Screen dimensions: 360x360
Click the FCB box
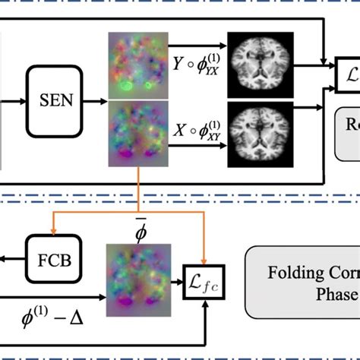pyautogui.click(x=53, y=260)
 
